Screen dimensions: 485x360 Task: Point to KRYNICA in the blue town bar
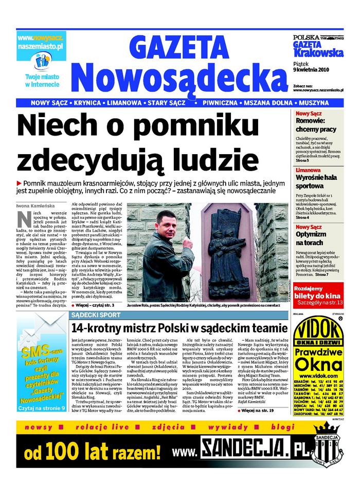[x=88, y=103]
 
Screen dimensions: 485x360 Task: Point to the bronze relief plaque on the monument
[x=228, y=241]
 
